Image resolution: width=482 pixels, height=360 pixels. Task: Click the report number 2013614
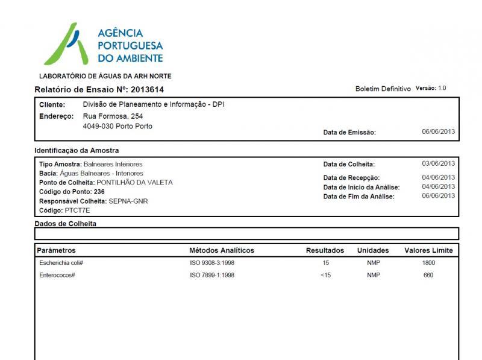pos(148,90)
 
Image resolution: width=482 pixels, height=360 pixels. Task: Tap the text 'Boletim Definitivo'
pos(383,89)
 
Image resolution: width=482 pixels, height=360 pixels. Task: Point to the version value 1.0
pos(442,89)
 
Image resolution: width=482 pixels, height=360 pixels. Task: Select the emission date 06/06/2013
pos(438,132)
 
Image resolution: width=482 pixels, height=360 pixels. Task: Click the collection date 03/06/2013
pos(438,163)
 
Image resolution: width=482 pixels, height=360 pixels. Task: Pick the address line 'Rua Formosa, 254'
pos(113,116)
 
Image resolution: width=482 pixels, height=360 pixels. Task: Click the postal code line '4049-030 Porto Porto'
pos(117,127)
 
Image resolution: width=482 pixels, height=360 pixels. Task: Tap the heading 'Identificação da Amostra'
pos(77,150)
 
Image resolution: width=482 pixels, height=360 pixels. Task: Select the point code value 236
pos(99,192)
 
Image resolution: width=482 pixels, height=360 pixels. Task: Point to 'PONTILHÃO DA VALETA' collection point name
pos(134,182)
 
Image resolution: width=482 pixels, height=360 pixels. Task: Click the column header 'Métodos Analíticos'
pos(222,250)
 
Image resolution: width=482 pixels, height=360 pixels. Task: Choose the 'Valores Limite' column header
pos(428,250)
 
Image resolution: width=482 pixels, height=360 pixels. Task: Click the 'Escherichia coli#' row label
pos(61,264)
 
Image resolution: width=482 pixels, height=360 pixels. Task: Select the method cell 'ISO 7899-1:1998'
pos(212,276)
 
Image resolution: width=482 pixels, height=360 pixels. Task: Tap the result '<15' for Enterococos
pos(325,276)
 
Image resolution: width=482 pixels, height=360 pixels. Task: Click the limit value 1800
pos(428,264)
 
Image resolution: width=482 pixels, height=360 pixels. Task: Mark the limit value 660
pos(428,276)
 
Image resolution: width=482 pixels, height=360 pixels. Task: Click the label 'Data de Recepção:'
pos(351,178)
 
